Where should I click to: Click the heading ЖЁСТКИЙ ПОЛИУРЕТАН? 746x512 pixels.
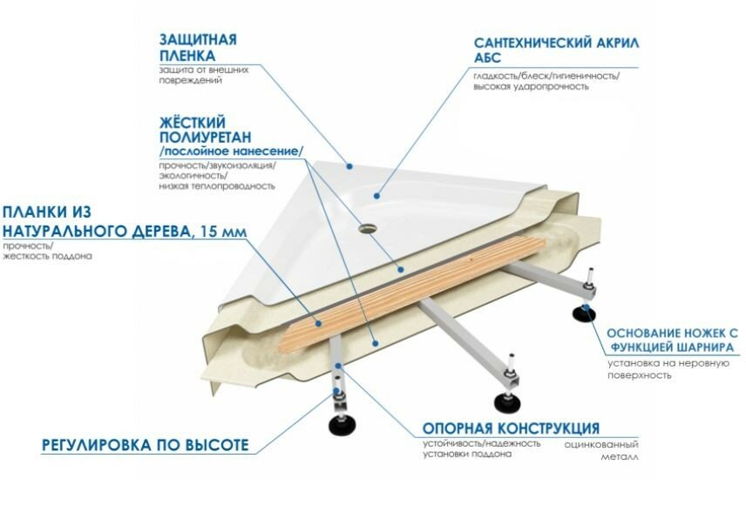[206, 129]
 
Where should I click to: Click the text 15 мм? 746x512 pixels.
[224, 232]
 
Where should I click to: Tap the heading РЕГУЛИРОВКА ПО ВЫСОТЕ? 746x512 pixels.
[146, 445]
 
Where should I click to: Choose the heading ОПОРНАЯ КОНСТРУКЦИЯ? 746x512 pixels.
[510, 428]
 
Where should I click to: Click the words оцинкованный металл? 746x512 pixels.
[602, 449]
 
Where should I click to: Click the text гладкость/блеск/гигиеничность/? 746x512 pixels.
[546, 76]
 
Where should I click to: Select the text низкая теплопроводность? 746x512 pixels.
[217, 186]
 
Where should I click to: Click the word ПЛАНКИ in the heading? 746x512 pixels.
[40, 212]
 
